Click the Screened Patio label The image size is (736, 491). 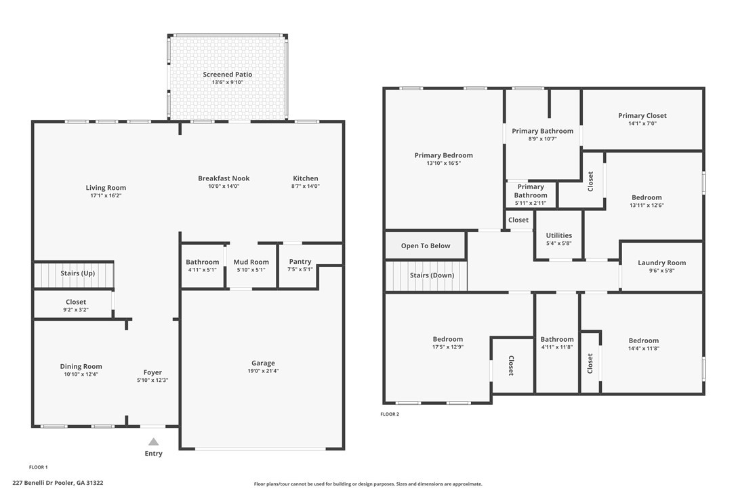coord(227,75)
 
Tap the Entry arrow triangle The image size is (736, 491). coord(154,441)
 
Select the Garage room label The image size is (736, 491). coord(263,363)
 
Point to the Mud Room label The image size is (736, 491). coord(251,262)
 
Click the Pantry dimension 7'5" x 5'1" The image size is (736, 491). coord(300,269)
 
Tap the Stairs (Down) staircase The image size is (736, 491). coord(426,276)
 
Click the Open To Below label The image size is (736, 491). coord(425,245)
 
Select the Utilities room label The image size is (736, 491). coord(558,235)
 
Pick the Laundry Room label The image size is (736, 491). coord(661,262)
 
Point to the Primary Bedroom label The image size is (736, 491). coord(443,155)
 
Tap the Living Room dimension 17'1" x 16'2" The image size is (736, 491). coord(106,195)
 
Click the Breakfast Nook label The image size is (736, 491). coord(224,178)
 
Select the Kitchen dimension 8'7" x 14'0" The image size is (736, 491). coord(305,186)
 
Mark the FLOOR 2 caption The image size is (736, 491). coord(390,414)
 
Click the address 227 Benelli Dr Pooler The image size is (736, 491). coord(58,483)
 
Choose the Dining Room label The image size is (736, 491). coord(81,366)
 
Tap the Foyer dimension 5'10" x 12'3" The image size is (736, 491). coord(152,380)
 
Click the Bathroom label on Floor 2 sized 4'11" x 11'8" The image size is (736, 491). coord(556,339)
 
